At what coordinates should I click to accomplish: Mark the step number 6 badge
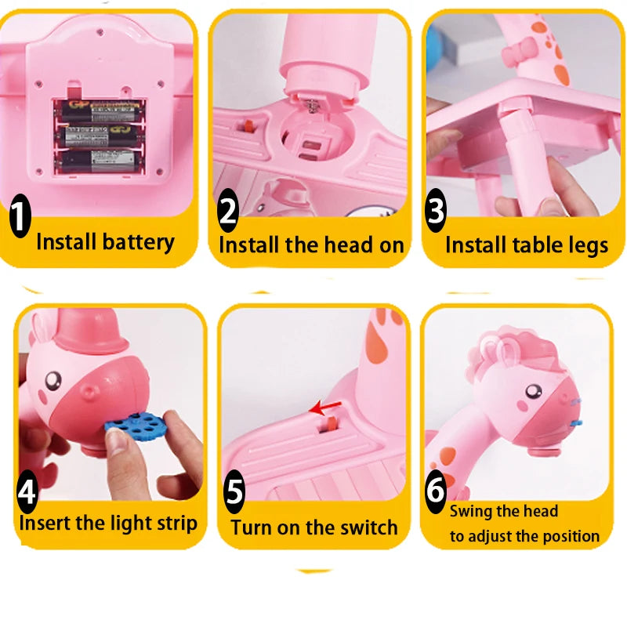tap(436, 490)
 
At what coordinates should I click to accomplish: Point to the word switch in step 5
tap(361, 527)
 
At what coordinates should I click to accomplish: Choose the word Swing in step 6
tap(473, 512)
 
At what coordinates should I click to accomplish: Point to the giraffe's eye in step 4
tap(53, 382)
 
